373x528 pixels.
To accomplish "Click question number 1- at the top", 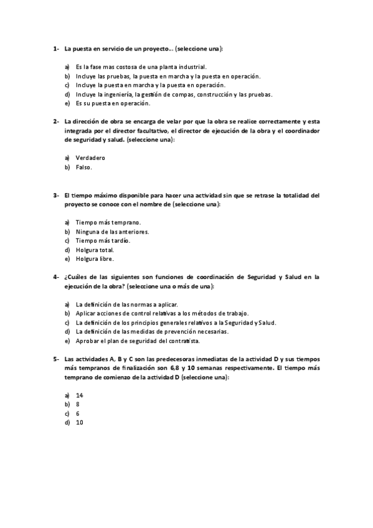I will pos(55,48).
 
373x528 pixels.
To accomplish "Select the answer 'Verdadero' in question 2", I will pos(90,158).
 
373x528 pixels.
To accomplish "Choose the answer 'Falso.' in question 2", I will pos(84,167).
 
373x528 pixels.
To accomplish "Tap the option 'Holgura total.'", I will pos(95,250).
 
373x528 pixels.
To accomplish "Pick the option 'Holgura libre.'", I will pos(95,259).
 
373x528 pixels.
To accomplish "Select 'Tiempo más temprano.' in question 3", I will pos(108,222).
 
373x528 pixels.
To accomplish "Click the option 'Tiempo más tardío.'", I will pos(103,240).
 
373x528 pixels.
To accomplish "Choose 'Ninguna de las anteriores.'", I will pos(112,232).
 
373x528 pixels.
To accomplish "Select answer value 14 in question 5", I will pos(79,395).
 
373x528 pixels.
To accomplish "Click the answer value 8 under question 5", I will pos(77,404).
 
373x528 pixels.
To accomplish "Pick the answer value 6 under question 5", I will pos(77,413).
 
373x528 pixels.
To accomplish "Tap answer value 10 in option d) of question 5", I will pos(79,423).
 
